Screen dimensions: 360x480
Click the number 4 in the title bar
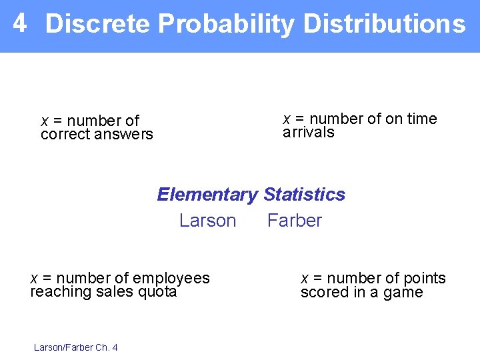point(20,23)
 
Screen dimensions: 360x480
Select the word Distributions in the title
point(384,24)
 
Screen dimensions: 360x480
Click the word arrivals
point(309,132)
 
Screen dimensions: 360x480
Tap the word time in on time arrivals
point(421,119)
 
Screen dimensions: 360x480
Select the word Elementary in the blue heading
point(207,195)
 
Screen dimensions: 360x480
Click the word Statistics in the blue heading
point(305,195)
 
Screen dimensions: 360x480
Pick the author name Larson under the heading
point(207,221)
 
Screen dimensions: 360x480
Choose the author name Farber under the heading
point(295,221)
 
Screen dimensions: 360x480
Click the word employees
point(171,279)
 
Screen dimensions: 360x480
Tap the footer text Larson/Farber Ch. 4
point(75,347)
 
